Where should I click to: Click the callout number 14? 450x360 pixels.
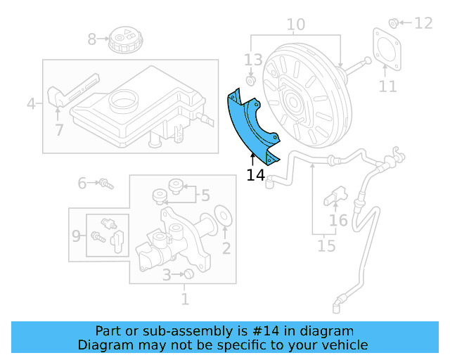tap(256, 174)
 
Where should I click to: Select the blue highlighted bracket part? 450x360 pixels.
tap(250, 127)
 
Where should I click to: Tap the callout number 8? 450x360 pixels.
tap(92, 39)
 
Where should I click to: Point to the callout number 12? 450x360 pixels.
tap(423, 23)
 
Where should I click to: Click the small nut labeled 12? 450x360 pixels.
tap(394, 22)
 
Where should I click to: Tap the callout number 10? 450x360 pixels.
tap(296, 25)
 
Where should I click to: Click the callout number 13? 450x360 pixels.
tap(253, 60)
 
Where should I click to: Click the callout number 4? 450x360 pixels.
tap(31, 105)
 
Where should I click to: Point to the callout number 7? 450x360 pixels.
tap(59, 130)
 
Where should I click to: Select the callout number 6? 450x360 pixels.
tap(82, 184)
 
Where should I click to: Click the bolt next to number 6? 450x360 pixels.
tap(105, 184)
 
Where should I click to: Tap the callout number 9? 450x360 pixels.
tap(76, 236)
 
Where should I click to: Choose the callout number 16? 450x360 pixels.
tap(339, 221)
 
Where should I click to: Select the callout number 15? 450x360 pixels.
tap(326, 246)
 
